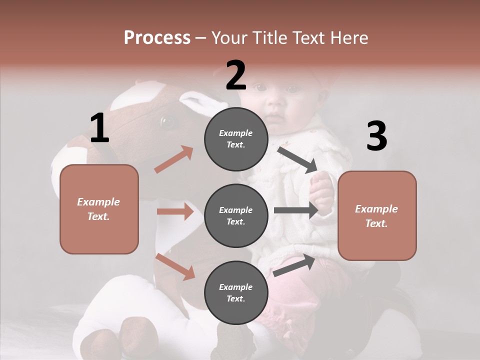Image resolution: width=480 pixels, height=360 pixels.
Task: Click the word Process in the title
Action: (x=157, y=37)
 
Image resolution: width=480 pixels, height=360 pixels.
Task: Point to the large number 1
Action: (x=99, y=128)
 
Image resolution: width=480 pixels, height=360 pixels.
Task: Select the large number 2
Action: (x=236, y=75)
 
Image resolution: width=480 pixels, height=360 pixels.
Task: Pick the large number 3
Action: (x=376, y=136)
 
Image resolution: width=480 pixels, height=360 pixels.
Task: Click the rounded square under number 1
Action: (x=99, y=209)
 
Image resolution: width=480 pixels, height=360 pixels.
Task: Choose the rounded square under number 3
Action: (x=377, y=216)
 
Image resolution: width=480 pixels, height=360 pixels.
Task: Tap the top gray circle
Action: (x=236, y=139)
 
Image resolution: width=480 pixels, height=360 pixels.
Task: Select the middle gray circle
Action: (x=236, y=215)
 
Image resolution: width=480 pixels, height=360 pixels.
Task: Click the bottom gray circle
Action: (x=236, y=292)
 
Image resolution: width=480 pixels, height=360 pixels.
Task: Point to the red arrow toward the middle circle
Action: (x=175, y=211)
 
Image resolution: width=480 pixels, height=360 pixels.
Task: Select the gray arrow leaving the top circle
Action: (x=297, y=159)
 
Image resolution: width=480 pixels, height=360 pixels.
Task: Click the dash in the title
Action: (x=200, y=38)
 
